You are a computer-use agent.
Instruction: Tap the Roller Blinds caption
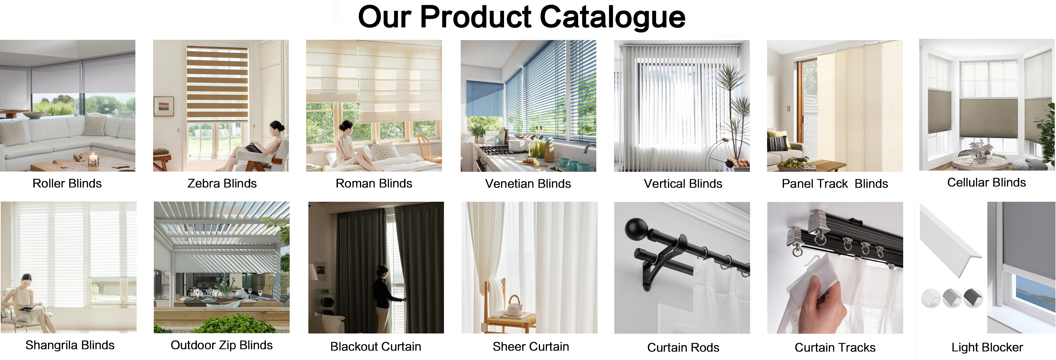pos(67,183)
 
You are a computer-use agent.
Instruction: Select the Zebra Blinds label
pos(222,183)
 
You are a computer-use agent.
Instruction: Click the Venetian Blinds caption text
pos(528,183)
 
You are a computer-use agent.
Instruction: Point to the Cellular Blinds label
pos(986,183)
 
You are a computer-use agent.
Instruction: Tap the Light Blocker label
pos(987,347)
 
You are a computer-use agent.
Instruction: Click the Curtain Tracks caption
pos(835,347)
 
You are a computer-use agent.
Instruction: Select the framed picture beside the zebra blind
pos(164,106)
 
